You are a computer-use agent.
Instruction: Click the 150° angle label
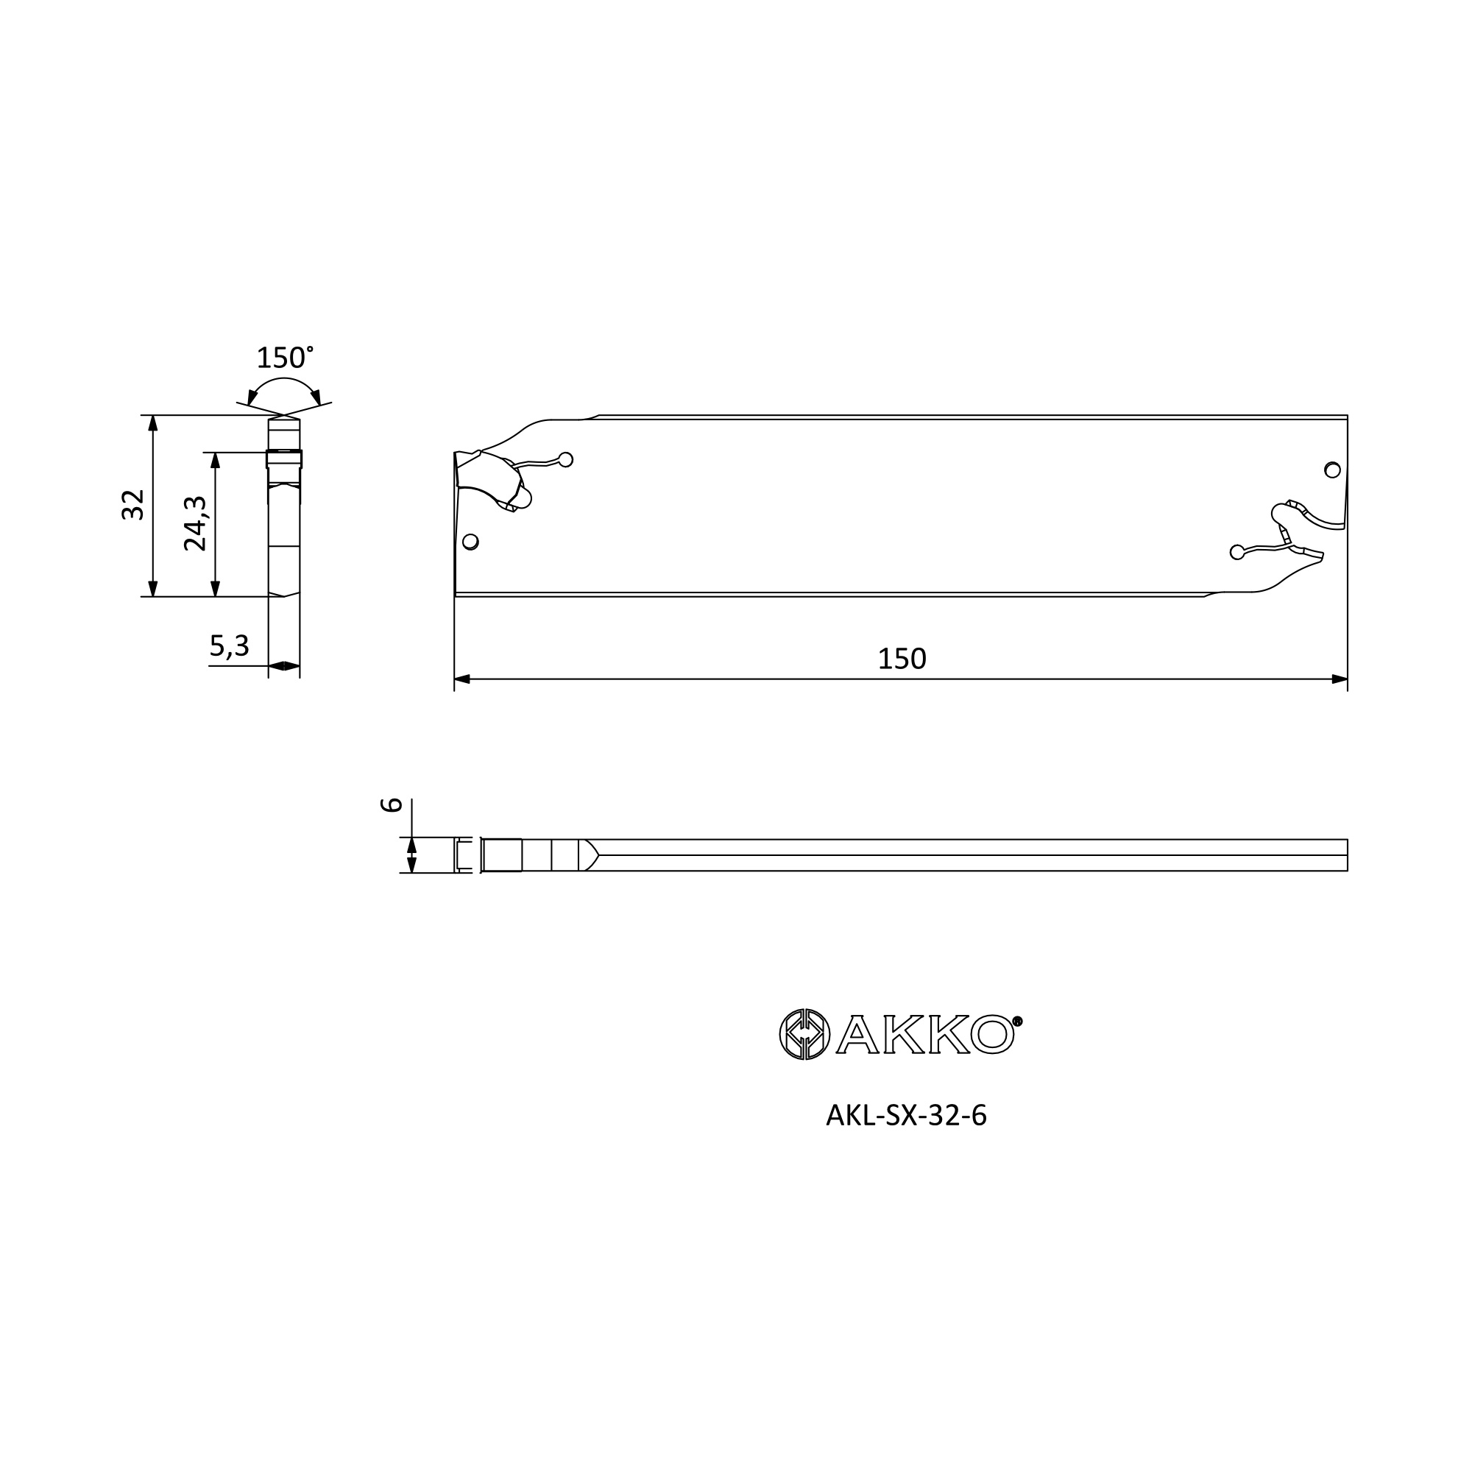[x=285, y=358]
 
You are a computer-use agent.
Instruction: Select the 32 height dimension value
[x=132, y=505]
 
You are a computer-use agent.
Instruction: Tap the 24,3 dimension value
[x=195, y=523]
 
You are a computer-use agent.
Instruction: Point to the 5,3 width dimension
[x=230, y=646]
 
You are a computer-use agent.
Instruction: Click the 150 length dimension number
[x=902, y=659]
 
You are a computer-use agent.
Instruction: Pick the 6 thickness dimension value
[x=391, y=805]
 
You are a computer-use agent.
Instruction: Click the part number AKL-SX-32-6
[x=907, y=1117]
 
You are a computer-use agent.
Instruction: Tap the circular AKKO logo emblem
[x=804, y=1035]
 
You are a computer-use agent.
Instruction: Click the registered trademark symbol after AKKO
[x=1017, y=1022]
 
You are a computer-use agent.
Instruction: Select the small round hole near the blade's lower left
[x=471, y=542]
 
